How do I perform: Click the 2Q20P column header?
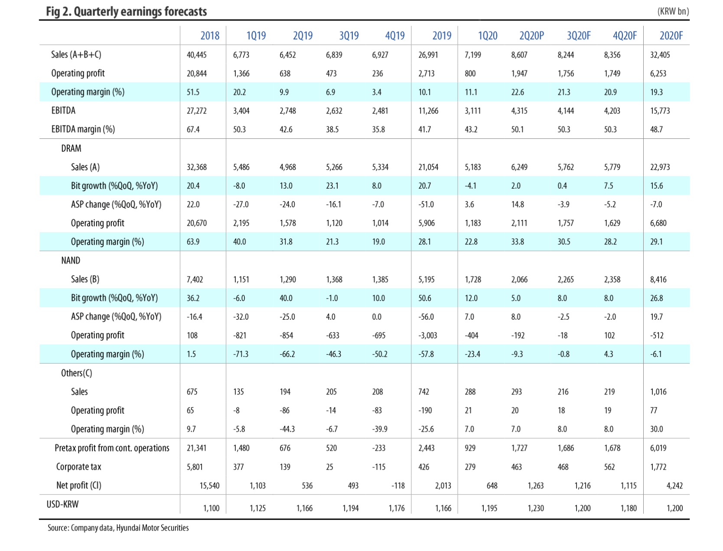[x=531, y=36]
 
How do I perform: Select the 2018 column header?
[x=210, y=36]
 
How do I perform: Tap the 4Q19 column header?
[x=394, y=36]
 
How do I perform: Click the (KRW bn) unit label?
[x=673, y=12]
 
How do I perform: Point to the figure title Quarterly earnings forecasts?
[x=127, y=12]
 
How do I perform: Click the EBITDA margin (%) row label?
[x=83, y=129]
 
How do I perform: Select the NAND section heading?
[x=71, y=260]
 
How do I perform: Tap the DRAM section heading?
[x=71, y=148]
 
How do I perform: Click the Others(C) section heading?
[x=76, y=373]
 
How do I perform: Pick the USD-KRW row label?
[x=62, y=504]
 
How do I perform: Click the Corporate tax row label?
[x=78, y=467]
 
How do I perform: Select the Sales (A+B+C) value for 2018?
[x=197, y=55]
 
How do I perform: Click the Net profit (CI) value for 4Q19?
[x=398, y=485]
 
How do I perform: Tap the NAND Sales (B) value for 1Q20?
[x=472, y=279]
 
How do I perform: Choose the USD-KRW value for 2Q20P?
[x=536, y=508]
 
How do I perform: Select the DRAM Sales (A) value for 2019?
[x=428, y=167]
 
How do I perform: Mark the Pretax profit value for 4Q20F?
[x=612, y=448]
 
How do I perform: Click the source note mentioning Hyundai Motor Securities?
[x=118, y=528]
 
